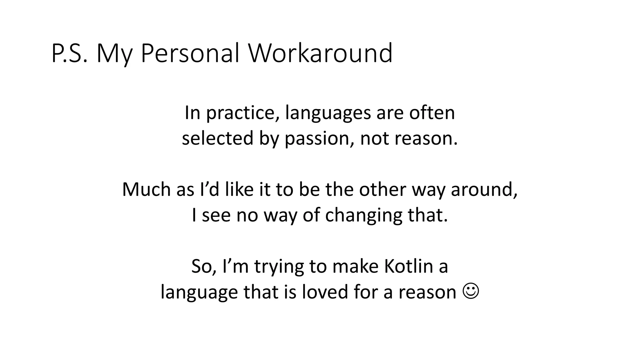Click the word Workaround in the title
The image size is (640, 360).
point(320,53)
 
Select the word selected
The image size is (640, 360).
point(217,138)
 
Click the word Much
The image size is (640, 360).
point(146,189)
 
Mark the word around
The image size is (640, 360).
point(484,190)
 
